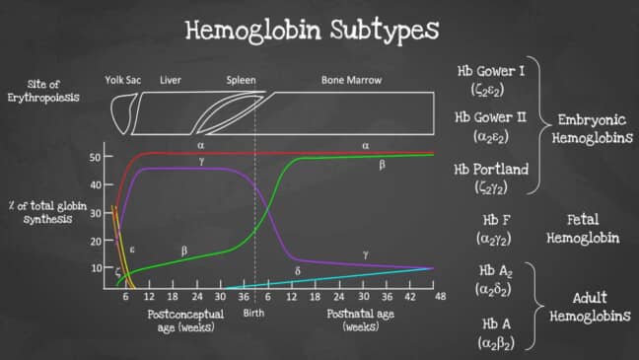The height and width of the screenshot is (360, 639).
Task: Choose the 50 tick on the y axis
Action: [x=96, y=157]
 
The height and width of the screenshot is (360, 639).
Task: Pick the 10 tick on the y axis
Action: [x=96, y=267]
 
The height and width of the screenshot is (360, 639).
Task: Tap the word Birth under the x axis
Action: [x=254, y=313]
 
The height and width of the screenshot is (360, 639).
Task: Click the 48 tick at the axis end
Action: [x=439, y=296]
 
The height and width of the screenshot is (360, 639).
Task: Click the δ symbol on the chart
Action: [x=297, y=269]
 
